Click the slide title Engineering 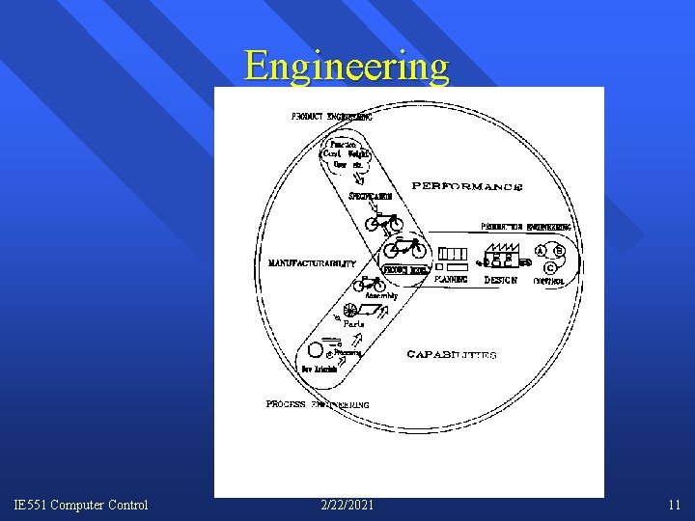pyautogui.click(x=347, y=66)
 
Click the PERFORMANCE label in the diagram pyautogui.click(x=467, y=186)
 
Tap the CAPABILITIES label pyautogui.click(x=451, y=355)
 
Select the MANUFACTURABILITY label pyautogui.click(x=312, y=263)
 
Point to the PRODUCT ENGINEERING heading pyautogui.click(x=332, y=117)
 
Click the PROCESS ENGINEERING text pyautogui.click(x=318, y=404)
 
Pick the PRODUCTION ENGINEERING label pyautogui.click(x=526, y=228)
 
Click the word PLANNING pyautogui.click(x=451, y=280)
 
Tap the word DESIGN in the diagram pyautogui.click(x=501, y=280)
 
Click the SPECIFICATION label pyautogui.click(x=371, y=198)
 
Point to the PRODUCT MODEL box pyautogui.click(x=405, y=271)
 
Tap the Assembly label pyautogui.click(x=380, y=296)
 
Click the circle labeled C pyautogui.click(x=549, y=267)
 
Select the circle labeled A pyautogui.click(x=541, y=251)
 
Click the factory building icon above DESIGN pyautogui.click(x=502, y=255)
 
